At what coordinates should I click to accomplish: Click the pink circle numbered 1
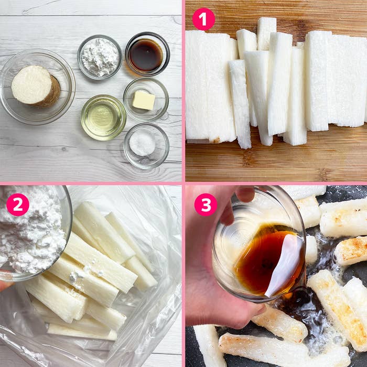tap(203, 19)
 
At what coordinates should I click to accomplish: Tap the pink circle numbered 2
tap(18, 204)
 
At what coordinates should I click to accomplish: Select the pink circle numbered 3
tap(206, 204)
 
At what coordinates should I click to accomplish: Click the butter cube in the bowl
tap(144, 100)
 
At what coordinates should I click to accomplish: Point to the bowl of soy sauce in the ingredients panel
tap(147, 54)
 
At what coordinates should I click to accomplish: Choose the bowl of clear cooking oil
tap(103, 117)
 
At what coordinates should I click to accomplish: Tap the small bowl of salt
tap(146, 146)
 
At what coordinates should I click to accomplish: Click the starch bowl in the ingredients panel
tap(100, 57)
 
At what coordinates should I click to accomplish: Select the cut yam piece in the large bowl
tap(36, 87)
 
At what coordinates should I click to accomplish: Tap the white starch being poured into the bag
tap(30, 234)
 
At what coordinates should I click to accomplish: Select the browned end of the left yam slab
tap(217, 140)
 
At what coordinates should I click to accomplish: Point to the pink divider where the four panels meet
tap(183, 183)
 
